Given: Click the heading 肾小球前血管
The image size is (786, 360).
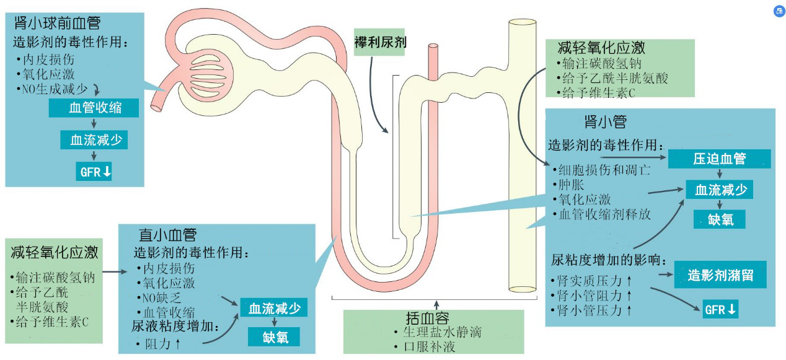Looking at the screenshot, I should [x=57, y=24].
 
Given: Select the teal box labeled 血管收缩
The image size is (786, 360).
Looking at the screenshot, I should [x=94, y=108].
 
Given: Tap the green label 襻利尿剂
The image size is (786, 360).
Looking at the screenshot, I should [x=380, y=42].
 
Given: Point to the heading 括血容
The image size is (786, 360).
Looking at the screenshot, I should [x=427, y=318].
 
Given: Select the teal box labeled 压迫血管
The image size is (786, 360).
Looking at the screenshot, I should [x=719, y=159].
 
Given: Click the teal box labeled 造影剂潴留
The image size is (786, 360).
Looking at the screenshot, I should [x=720, y=275].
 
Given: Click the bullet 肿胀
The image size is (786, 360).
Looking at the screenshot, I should [x=572, y=185].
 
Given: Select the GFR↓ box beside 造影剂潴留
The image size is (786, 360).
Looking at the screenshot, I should [x=720, y=309].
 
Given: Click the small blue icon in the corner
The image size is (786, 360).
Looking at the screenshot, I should [x=779, y=11].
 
